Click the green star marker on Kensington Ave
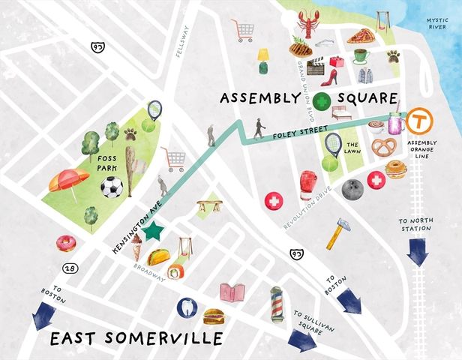tap(154, 231)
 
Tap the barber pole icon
tap(275, 301)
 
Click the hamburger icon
tap(214, 316)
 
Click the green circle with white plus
tap(322, 102)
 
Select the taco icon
tap(158, 257)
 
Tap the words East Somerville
tap(136, 338)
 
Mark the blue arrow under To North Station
tap(418, 252)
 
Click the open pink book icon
tap(233, 292)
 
